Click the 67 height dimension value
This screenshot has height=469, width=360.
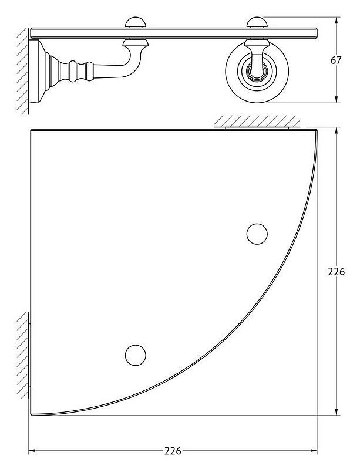(336, 60)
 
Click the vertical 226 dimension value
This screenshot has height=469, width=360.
(337, 272)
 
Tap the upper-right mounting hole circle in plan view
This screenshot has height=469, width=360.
(257, 234)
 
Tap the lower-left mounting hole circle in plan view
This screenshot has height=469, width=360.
(136, 355)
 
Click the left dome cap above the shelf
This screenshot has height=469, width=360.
(136, 22)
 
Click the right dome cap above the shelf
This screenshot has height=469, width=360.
(257, 22)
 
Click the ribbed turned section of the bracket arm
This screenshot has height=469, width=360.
(76, 71)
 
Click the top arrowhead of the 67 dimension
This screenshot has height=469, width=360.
(337, 21)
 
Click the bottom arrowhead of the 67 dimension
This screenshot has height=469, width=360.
(337, 99)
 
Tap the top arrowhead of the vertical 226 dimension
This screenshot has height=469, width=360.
(337, 132)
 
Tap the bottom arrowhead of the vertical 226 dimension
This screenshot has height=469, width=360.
(337, 411)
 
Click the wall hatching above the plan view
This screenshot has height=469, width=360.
(257, 121)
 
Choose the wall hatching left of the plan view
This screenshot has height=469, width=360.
(23, 356)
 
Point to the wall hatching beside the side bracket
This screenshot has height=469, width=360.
(23, 71)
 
